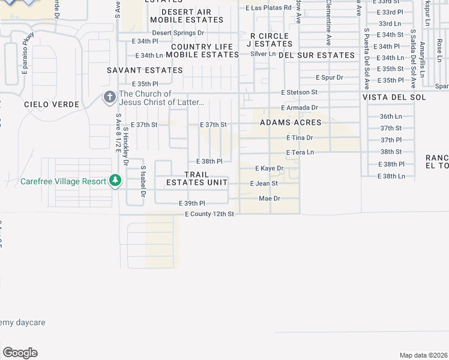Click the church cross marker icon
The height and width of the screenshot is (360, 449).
click(110, 97)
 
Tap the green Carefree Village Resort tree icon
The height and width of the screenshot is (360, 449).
click(115, 181)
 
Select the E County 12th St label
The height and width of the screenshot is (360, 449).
click(209, 214)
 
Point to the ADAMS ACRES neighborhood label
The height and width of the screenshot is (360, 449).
click(291, 122)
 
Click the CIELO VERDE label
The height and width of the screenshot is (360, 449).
click(52, 104)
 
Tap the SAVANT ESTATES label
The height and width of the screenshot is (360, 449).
click(145, 70)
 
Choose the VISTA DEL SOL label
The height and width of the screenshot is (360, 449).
click(394, 97)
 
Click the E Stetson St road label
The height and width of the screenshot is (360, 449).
click(299, 92)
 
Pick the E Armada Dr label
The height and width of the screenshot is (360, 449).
click(299, 107)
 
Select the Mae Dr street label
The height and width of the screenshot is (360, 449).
click(269, 198)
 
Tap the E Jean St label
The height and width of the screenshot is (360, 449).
click(264, 183)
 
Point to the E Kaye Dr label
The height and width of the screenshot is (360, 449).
click(269, 168)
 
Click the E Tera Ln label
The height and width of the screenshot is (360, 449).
click(300, 152)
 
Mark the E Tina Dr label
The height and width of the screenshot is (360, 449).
click(300, 137)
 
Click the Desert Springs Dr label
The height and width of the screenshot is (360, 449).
click(178, 32)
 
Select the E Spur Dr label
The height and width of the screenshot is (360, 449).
click(330, 77)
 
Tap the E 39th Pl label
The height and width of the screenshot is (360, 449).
click(192, 204)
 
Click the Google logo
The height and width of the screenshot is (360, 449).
click(20, 353)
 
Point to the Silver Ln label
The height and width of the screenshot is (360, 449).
click(263, 53)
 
